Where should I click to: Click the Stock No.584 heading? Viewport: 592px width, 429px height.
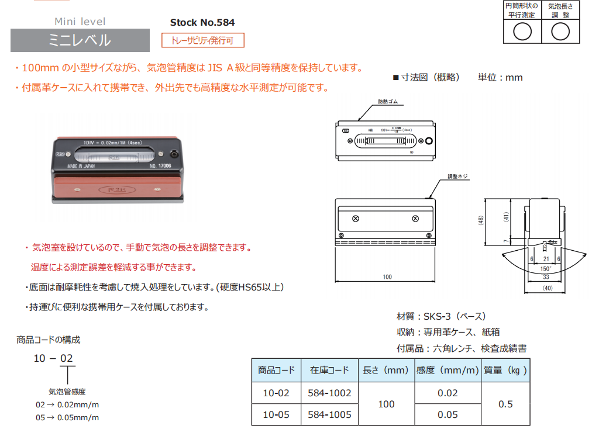pyautogui.click(x=202, y=23)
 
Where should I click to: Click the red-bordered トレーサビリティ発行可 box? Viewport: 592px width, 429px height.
pyautogui.click(x=202, y=40)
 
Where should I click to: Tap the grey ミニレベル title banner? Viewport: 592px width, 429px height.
pyautogui.click(x=80, y=40)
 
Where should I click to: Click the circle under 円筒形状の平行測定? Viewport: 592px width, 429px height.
pyautogui.click(x=522, y=32)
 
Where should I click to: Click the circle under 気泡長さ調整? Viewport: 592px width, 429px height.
pyautogui.click(x=560, y=32)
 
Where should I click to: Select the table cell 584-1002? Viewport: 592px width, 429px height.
pyautogui.click(x=329, y=393)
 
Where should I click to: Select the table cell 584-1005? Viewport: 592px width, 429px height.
pyautogui.click(x=329, y=414)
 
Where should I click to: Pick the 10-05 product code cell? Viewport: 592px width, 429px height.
pyautogui.click(x=276, y=414)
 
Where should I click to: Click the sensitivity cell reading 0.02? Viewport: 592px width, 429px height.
pyautogui.click(x=448, y=393)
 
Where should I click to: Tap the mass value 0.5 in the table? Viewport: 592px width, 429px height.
pyautogui.click(x=505, y=404)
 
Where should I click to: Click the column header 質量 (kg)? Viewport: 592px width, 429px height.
pyautogui.click(x=505, y=370)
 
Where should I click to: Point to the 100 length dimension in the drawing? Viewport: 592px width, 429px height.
pyautogui.click(x=387, y=276)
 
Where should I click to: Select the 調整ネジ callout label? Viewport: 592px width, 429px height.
pyautogui.click(x=457, y=176)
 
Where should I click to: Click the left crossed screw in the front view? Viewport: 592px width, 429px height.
pyautogui.click(x=356, y=219)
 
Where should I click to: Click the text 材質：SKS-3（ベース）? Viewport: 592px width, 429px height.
pyautogui.click(x=441, y=316)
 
